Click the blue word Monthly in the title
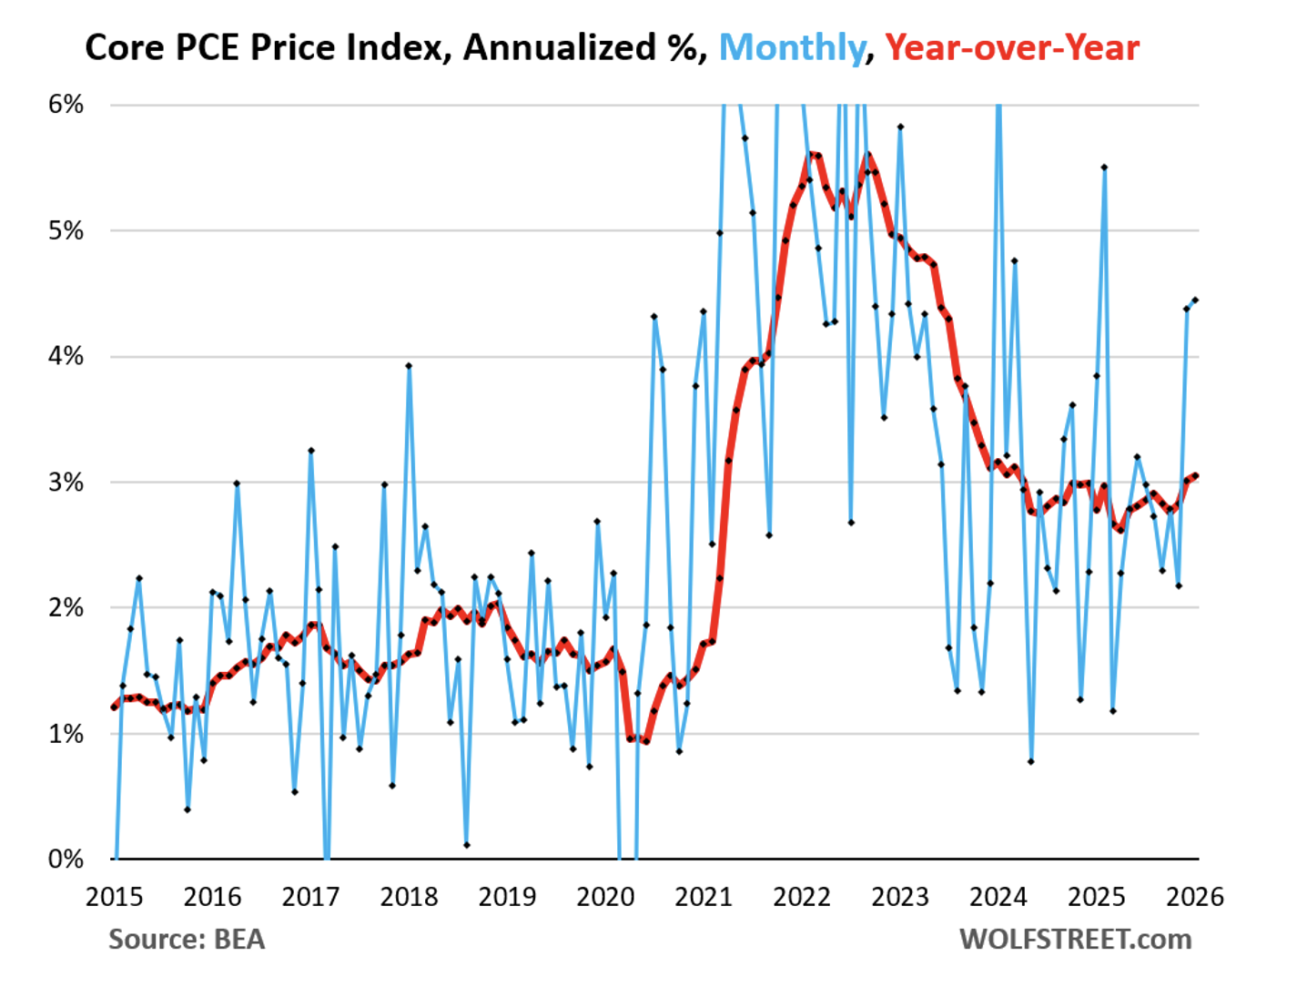[x=791, y=47]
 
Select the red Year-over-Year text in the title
[x=1011, y=47]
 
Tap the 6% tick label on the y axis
[x=66, y=105]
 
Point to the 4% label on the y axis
[x=66, y=356]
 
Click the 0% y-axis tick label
[x=66, y=859]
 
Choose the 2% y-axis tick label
[x=66, y=607]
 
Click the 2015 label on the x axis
[x=115, y=897]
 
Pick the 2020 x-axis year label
[x=605, y=897]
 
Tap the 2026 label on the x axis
[x=1195, y=897]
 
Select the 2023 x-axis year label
[x=900, y=897]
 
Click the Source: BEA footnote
[x=187, y=939]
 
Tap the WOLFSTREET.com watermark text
[x=1075, y=939]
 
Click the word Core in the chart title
[x=126, y=47]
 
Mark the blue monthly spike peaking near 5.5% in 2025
[x=1104, y=168]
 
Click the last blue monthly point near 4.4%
[x=1195, y=300]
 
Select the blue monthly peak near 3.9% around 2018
[x=409, y=366]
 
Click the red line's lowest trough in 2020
[x=645, y=741]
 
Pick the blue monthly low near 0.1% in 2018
[x=466, y=845]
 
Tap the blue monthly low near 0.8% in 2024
[x=1030, y=761]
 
